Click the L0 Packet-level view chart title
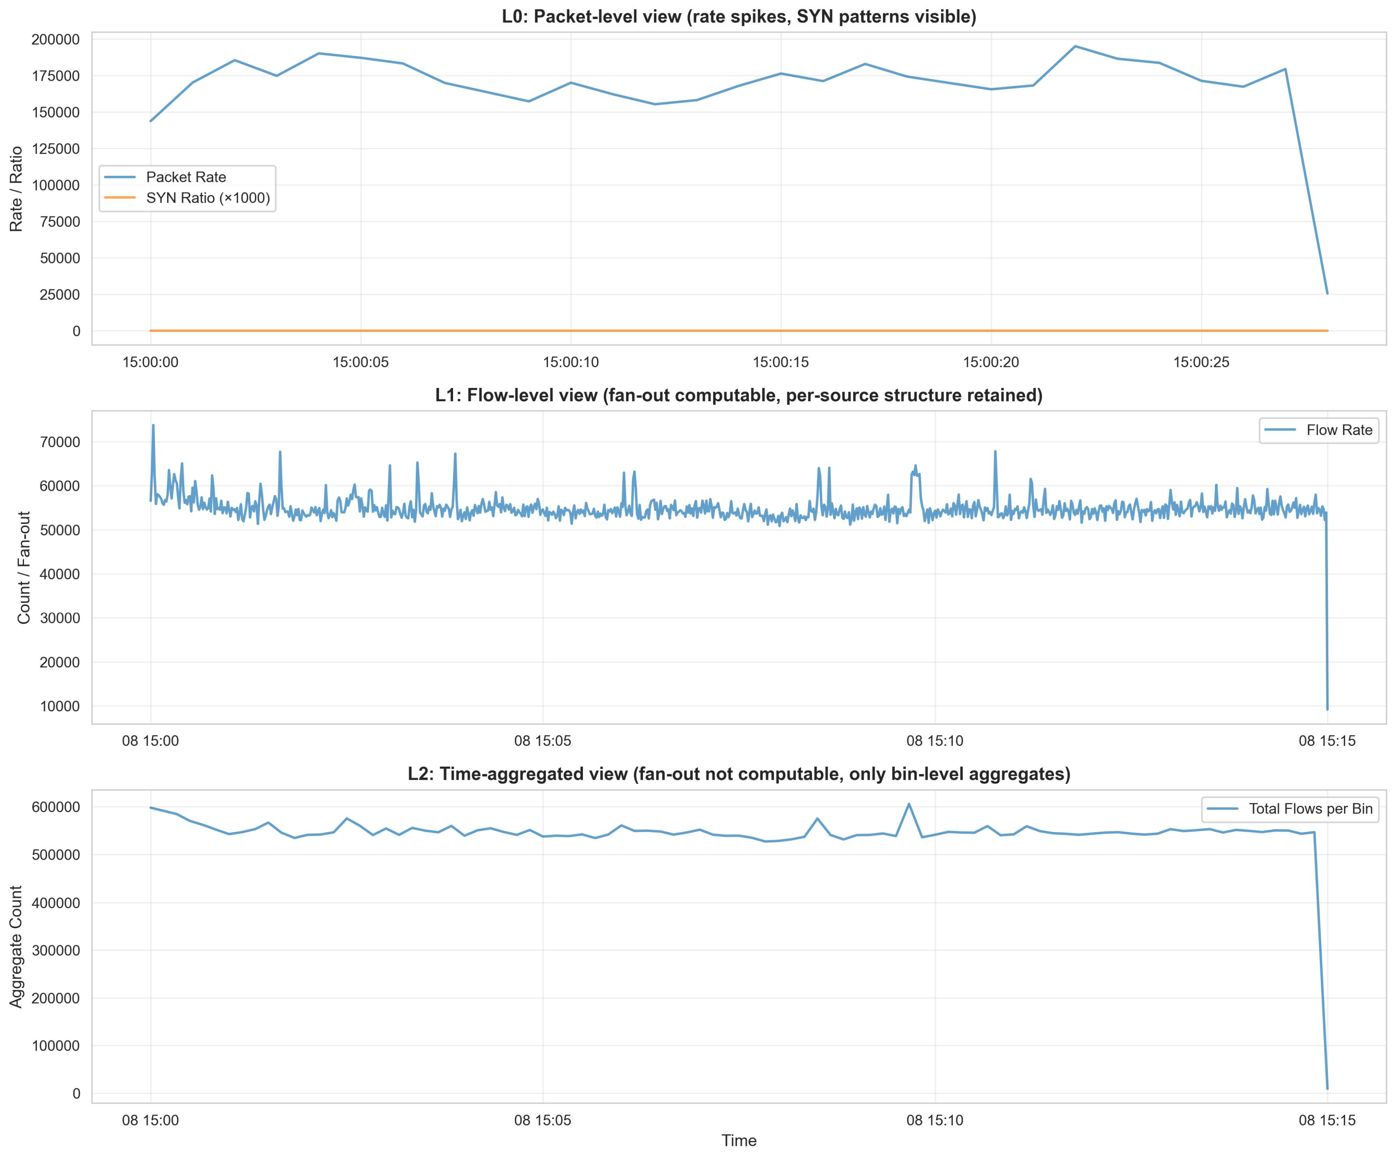739,17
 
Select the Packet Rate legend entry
185,177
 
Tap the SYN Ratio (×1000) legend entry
207,198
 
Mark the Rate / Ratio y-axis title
17,189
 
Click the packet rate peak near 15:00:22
1075,47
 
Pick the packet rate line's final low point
1327,293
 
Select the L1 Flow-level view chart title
739,396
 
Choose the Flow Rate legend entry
1339,430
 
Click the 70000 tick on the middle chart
60,442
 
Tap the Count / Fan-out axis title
25,567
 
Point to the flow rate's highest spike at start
153,425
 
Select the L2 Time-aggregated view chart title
739,774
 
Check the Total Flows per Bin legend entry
1310,809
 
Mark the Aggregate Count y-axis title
17,946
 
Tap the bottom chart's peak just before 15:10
909,804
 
